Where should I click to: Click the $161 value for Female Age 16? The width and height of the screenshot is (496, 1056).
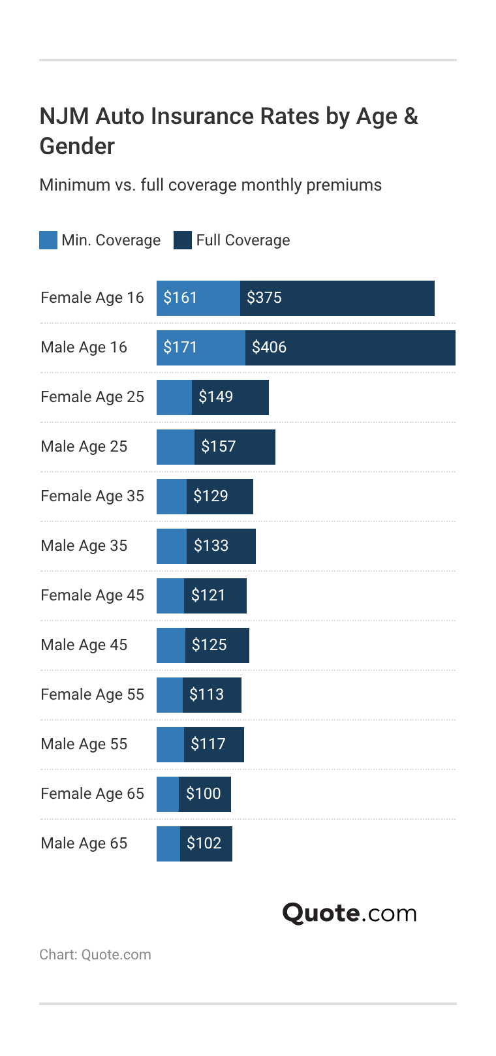(180, 298)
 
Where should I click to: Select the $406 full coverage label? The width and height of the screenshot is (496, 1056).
(269, 347)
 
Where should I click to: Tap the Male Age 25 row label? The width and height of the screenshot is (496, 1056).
(84, 446)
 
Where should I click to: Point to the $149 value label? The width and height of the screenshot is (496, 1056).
(215, 397)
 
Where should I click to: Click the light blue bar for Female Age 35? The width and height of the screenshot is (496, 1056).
(172, 496)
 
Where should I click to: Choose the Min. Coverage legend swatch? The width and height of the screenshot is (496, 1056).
(48, 240)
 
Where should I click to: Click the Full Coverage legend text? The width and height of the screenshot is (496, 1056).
(243, 240)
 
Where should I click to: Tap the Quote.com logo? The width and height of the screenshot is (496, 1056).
(349, 912)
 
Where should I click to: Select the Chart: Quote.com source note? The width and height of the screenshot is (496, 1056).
(95, 954)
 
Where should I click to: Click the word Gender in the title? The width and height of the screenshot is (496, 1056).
(77, 146)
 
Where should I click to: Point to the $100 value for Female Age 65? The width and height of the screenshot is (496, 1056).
(204, 794)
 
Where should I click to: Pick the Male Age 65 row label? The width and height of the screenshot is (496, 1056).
(84, 843)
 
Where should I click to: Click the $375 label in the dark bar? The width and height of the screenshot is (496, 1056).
(264, 298)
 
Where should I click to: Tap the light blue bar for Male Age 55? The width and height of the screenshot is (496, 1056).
(170, 744)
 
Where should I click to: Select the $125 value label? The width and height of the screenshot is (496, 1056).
(209, 645)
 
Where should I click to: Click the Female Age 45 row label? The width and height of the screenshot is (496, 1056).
(92, 595)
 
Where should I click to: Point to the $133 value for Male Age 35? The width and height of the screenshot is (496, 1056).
(211, 546)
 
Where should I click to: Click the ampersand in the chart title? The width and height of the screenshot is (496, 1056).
(411, 116)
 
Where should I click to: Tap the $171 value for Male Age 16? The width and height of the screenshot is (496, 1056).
(180, 347)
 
